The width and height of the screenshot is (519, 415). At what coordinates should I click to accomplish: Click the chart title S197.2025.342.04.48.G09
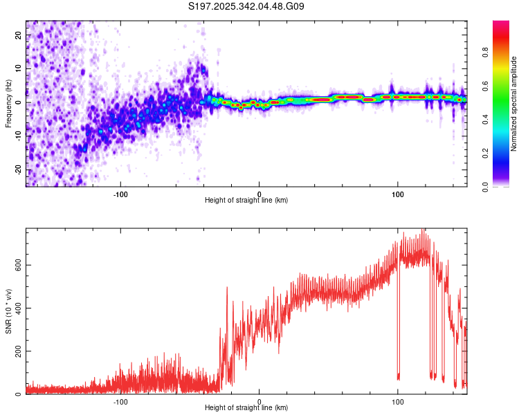point(246,7)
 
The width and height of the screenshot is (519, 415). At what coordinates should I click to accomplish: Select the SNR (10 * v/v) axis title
point(8,311)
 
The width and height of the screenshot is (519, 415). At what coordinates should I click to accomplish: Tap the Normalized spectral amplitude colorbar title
point(514,104)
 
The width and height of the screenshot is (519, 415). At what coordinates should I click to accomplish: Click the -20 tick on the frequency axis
point(19,170)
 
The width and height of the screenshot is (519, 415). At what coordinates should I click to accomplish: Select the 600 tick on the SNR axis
point(16,265)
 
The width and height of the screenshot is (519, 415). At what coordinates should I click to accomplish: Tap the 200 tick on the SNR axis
point(16,351)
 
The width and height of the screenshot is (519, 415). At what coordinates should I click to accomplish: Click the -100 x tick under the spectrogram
point(121,194)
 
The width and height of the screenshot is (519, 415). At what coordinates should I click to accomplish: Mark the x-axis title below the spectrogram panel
point(246,200)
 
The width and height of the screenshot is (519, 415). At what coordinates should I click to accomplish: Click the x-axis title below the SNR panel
point(246,408)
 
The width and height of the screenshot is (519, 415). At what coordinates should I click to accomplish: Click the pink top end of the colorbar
point(501,25)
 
